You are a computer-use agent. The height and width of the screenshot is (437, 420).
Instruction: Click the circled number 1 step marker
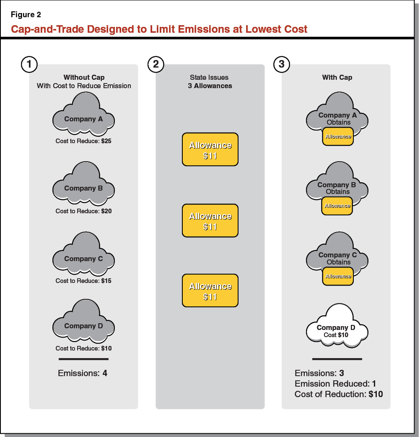pos(29,64)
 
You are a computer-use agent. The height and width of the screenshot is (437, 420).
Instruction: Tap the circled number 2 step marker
pos(156,64)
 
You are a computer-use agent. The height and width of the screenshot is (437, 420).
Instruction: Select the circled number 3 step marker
pos(282,64)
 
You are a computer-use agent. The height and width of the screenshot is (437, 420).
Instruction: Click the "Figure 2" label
pos(26,15)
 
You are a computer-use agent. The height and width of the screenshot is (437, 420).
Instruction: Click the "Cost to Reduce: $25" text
pos(83,141)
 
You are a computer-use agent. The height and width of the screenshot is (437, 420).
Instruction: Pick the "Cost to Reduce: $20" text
pos(83,211)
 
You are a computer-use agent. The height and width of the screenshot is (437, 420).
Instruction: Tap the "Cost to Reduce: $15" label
pos(83,281)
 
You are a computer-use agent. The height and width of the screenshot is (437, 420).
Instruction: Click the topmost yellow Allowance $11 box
pos(210,149)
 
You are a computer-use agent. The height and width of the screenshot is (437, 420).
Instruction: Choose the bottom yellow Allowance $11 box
pos(210,290)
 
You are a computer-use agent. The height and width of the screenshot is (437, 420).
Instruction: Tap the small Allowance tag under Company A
pos(338,137)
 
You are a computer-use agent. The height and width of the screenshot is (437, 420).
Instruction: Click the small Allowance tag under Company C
pos(338,276)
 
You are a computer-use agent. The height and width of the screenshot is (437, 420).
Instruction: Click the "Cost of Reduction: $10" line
pos(339,394)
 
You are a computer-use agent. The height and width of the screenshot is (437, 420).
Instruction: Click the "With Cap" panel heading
pos(337,77)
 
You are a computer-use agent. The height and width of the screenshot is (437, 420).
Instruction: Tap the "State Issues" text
pos(210,78)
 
